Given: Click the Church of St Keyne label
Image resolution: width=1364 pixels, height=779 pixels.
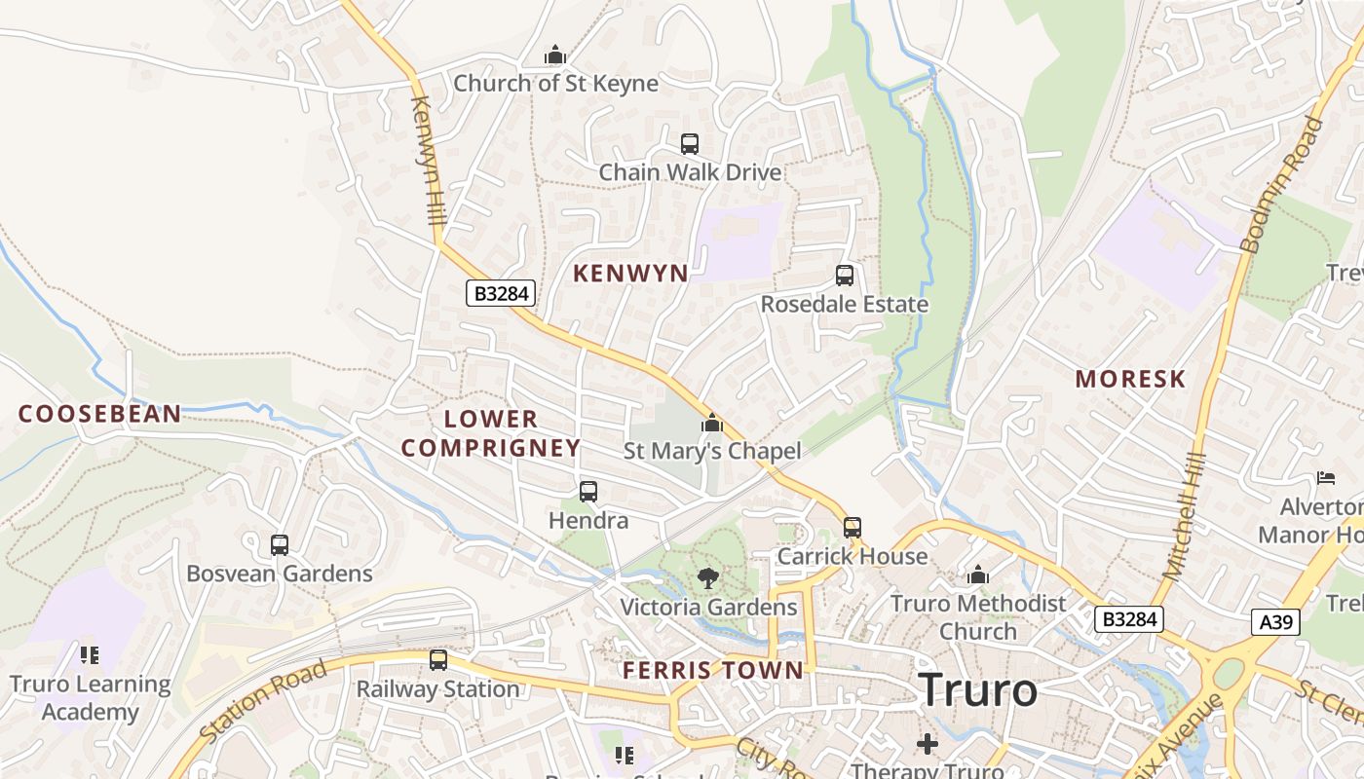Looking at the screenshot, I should click(x=555, y=84).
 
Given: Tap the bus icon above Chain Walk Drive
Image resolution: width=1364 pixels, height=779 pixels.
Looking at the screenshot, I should click(x=690, y=144).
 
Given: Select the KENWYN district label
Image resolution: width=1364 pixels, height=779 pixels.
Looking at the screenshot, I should click(x=630, y=274).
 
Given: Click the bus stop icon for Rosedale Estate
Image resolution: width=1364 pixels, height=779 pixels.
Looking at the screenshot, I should click(x=845, y=276).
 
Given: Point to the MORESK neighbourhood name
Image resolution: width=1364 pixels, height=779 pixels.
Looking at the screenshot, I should click(x=1130, y=380).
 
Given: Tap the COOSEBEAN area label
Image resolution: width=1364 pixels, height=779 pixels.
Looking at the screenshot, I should click(x=100, y=414).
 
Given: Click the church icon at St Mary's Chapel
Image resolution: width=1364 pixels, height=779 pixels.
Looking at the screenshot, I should click(x=712, y=424).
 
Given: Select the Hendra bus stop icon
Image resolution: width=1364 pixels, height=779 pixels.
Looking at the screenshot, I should click(x=588, y=492).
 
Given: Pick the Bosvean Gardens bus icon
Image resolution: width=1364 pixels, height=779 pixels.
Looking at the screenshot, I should click(x=280, y=545).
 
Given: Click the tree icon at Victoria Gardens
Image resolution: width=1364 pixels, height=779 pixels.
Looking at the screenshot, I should click(x=708, y=578).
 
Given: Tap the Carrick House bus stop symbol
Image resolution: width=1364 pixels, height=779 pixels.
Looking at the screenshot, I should click(x=852, y=528).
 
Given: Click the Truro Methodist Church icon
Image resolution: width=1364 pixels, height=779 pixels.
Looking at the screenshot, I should click(x=978, y=575).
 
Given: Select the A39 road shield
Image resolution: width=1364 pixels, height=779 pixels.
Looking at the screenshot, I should click(x=1275, y=622).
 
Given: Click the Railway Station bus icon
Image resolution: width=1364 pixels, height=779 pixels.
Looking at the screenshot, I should click(x=438, y=660).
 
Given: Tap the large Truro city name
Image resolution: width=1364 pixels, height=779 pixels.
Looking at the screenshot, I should click(x=978, y=690).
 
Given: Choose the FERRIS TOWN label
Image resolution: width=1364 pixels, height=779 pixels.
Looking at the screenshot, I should click(x=713, y=670).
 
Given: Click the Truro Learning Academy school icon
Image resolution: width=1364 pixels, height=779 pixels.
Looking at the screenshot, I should click(x=90, y=655).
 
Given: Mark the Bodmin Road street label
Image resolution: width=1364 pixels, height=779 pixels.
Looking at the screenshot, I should click(x=1284, y=185).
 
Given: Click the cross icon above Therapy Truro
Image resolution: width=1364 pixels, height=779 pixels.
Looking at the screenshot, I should click(x=928, y=745).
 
